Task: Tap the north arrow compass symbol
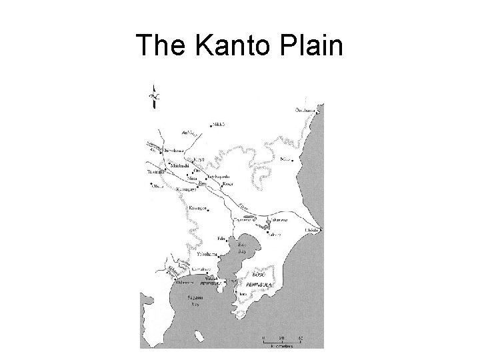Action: pyautogui.click(x=154, y=96)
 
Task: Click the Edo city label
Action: pyautogui.click(x=221, y=238)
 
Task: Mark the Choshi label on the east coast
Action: pyautogui.click(x=312, y=230)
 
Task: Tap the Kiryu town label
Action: pyautogui.click(x=197, y=160)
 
